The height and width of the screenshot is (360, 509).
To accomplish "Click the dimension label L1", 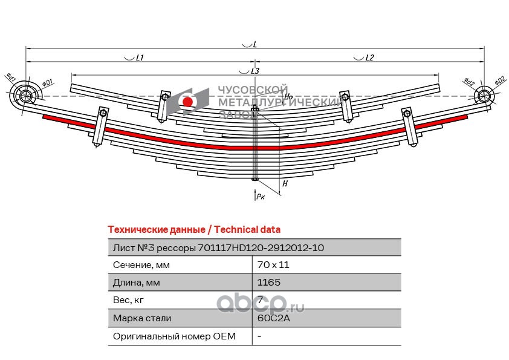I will (138, 58).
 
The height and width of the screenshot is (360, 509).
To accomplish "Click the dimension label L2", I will (369, 58).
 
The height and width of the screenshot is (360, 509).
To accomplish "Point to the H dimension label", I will (285, 183).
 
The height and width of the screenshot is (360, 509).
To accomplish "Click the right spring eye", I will (484, 95).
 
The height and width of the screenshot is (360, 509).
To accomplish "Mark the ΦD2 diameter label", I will (499, 80).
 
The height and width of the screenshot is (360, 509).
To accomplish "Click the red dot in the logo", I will (187, 102).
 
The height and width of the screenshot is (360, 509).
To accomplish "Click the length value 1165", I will (268, 283).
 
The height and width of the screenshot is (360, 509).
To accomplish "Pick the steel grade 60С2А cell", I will (270, 318).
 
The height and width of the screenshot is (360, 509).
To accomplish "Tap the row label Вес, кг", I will (128, 300).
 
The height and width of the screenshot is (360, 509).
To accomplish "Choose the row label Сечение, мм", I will (141, 265).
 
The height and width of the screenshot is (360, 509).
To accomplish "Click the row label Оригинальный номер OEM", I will (174, 336).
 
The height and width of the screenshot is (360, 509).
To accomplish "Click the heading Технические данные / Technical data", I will (193, 230).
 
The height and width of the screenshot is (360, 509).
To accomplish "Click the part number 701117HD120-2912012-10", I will (265, 247).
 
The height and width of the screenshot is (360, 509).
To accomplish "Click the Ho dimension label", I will (288, 96).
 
